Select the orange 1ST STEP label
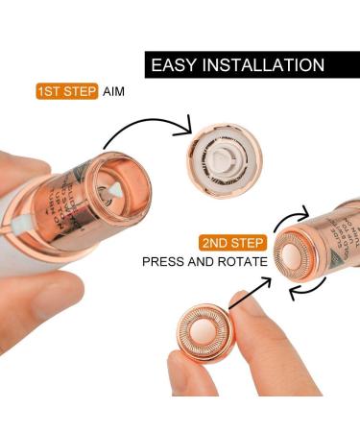66,92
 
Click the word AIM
117,92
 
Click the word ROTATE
240,261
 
